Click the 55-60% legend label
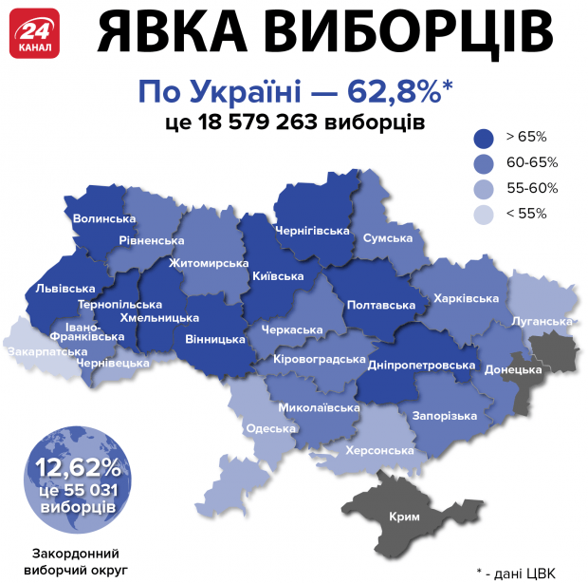[532, 188]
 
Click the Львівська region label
[64, 288]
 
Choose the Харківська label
[466, 299]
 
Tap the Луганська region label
[542, 321]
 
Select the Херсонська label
[380, 450]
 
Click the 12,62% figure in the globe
[78, 466]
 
